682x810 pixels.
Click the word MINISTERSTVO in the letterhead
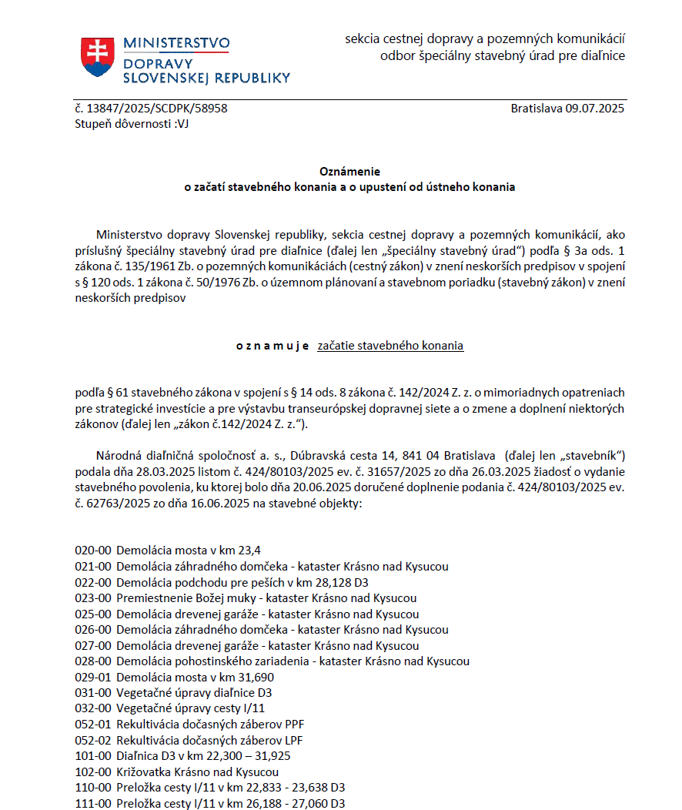coord(176,43)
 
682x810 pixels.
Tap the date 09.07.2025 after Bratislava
coord(595,109)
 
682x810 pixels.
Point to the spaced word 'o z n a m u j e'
coord(272,346)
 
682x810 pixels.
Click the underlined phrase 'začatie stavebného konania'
coord(390,346)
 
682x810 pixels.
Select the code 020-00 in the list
coord(93,551)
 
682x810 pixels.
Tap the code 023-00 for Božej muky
coord(93,598)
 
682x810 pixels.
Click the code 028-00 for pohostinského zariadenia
coord(93,661)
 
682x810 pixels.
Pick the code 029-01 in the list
coord(93,678)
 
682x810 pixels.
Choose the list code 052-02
coord(93,741)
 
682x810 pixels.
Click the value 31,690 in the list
coord(256,678)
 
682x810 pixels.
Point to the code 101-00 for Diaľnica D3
coord(93,756)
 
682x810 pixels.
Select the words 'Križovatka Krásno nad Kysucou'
coord(197,772)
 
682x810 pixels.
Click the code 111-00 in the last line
coord(93,804)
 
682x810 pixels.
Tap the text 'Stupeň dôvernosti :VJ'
coord(132,123)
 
